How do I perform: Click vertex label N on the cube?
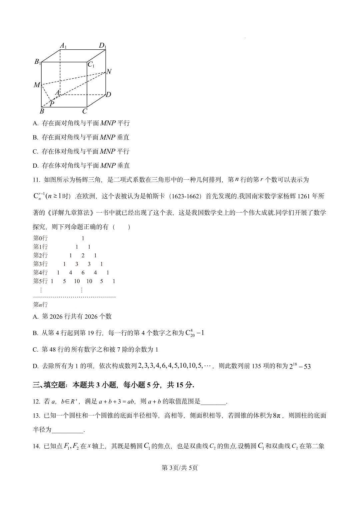(x=109, y=72)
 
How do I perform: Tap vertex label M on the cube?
(x=37, y=85)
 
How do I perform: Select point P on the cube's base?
(x=52, y=104)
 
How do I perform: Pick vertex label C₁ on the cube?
(x=91, y=64)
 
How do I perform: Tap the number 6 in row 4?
(x=83, y=273)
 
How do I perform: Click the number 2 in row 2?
(x=83, y=255)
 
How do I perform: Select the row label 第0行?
(x=40, y=238)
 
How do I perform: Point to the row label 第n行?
(x=40, y=305)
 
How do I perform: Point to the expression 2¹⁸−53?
(x=300, y=366)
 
